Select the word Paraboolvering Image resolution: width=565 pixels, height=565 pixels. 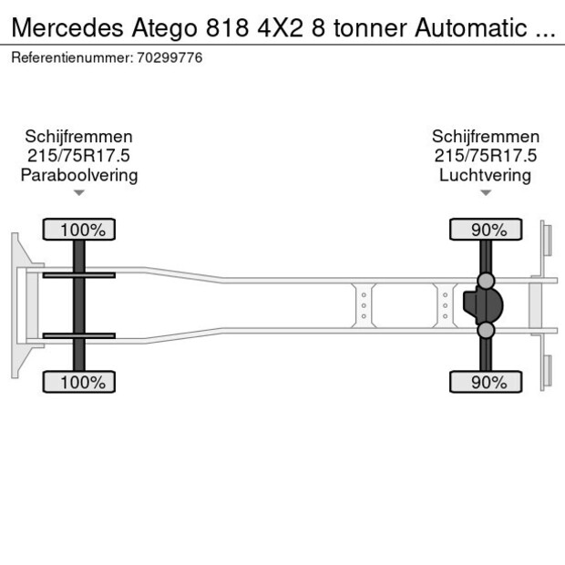point(79,175)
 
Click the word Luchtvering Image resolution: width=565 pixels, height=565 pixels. point(485,175)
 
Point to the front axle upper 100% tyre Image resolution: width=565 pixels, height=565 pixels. point(79,230)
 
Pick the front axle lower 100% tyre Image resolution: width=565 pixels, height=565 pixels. point(79,382)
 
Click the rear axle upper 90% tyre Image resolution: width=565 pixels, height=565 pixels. point(486,230)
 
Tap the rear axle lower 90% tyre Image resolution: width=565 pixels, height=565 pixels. point(486,382)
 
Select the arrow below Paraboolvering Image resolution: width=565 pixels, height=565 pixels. point(79,193)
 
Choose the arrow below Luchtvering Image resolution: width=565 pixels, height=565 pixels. point(486,193)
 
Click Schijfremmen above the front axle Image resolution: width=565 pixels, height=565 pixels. point(79,137)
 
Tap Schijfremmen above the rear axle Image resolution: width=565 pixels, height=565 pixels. point(485,137)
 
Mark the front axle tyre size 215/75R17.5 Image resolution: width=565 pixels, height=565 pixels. point(79,156)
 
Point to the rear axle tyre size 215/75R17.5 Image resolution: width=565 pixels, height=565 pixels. point(485,156)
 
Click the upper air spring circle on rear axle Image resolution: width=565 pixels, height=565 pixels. point(487,280)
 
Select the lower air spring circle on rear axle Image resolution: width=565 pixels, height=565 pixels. point(487,330)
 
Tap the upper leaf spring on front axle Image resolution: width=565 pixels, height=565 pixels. point(79,274)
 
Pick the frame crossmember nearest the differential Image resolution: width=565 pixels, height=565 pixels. point(445,305)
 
